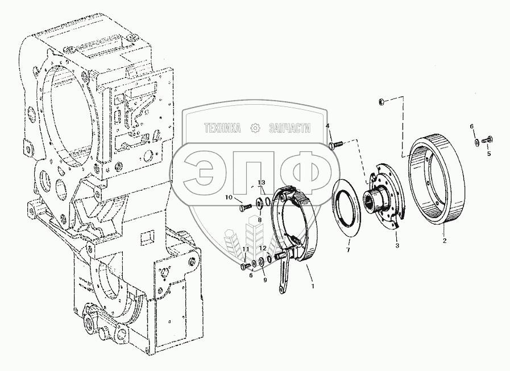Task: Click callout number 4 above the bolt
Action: pyautogui.click(x=327, y=126)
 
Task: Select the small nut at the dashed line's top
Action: pyautogui.click(x=383, y=102)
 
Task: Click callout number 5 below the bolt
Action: pyautogui.click(x=489, y=154)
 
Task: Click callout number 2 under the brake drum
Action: pyautogui.click(x=445, y=241)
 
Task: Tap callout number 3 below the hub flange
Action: pyautogui.click(x=397, y=246)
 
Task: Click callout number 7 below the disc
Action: pyautogui.click(x=348, y=250)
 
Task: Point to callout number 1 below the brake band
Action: pyautogui.click(x=313, y=286)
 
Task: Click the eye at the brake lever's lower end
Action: pyautogui.click(x=281, y=289)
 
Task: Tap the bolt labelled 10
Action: pyautogui.click(x=246, y=207)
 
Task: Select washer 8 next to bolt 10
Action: pyautogui.click(x=260, y=203)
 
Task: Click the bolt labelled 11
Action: pyautogui.click(x=246, y=266)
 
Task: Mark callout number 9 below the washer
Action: pyautogui.click(x=265, y=280)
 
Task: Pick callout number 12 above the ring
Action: pyautogui.click(x=263, y=248)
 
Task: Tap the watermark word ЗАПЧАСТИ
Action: pyautogui.click(x=290, y=128)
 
